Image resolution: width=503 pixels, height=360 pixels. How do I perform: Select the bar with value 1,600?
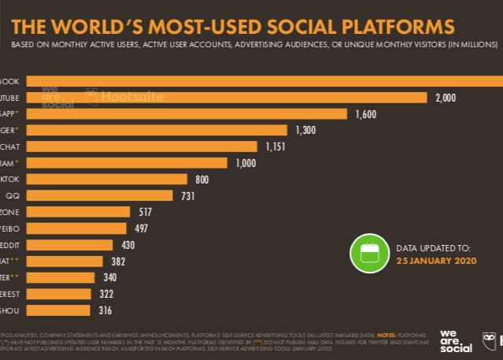[187, 114]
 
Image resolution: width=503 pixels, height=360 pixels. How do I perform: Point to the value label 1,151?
[278, 147]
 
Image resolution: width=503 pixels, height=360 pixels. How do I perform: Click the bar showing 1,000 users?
[127, 163]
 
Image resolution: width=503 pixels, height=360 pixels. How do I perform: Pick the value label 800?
[202, 180]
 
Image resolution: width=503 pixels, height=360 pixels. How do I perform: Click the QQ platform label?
[13, 195]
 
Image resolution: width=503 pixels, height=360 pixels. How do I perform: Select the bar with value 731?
[99, 195]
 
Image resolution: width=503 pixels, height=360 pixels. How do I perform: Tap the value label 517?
[145, 212]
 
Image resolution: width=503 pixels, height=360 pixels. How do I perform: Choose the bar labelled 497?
[76, 228]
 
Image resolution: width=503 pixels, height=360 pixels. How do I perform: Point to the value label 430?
[128, 245]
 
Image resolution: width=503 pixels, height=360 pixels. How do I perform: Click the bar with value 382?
[65, 261]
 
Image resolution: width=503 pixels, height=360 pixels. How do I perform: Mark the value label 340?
[110, 277]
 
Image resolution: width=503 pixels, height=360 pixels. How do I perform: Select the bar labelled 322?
[59, 294]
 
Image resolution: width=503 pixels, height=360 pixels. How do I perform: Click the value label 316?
[105, 310]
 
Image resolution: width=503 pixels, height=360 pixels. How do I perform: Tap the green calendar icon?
[369, 253]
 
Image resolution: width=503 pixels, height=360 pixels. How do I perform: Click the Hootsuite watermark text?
[132, 97]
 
